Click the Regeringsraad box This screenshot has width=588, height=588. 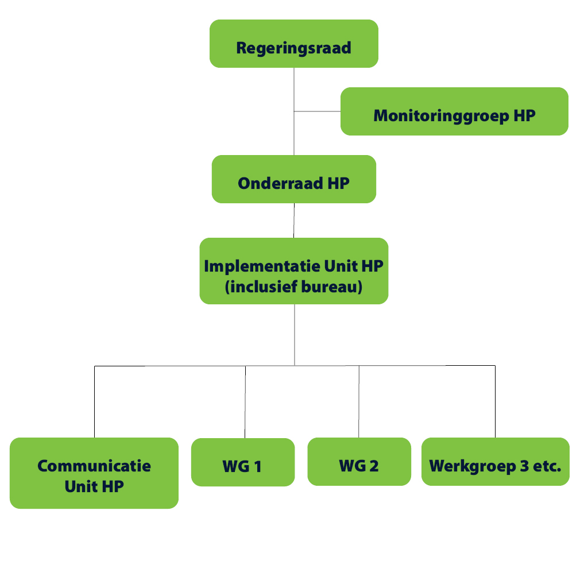(293, 44)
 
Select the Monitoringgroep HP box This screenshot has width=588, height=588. (454, 111)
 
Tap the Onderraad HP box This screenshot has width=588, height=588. (293, 179)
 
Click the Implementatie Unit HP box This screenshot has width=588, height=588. (293, 271)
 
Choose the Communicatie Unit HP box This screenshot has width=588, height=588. (94, 473)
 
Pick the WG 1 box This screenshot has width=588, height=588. (243, 462)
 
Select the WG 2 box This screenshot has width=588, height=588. (359, 462)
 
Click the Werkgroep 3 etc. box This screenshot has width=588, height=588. (496, 462)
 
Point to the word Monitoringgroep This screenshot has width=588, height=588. (441, 116)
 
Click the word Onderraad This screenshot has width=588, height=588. (280, 183)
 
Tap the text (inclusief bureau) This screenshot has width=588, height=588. (293, 287)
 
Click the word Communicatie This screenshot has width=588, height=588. (94, 466)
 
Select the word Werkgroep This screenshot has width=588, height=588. (473, 466)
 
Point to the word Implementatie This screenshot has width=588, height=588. (262, 266)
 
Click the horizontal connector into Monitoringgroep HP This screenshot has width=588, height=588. (317, 111)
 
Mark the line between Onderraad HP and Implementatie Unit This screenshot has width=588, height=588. (294, 220)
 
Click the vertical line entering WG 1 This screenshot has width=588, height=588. (245, 402)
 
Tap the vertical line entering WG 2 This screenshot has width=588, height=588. (359, 401)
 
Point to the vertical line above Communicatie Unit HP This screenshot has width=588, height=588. (95, 401)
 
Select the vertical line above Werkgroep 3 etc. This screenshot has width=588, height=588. (496, 401)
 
